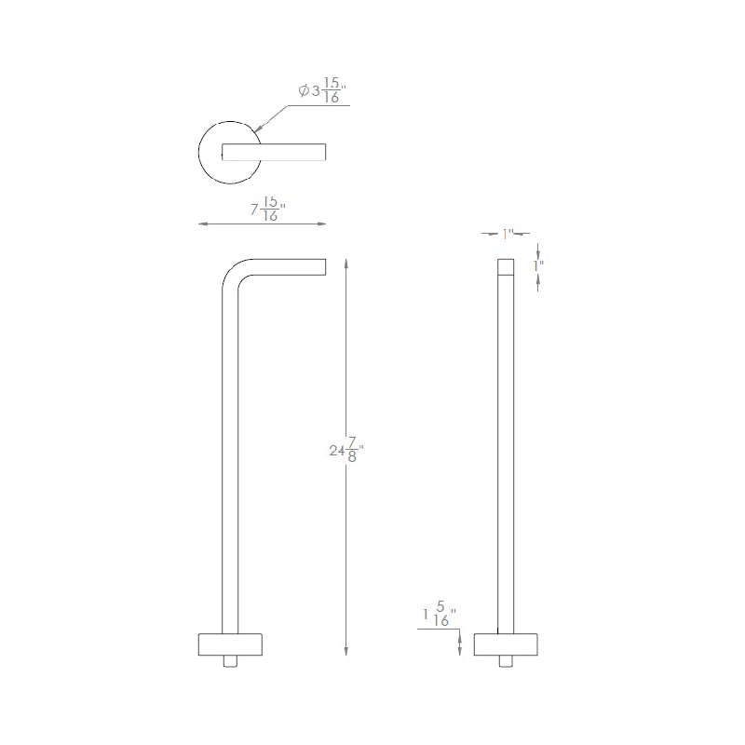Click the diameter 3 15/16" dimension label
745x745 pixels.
(322, 90)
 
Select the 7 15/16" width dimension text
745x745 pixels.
(268, 209)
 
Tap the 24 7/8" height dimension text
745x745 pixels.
(346, 450)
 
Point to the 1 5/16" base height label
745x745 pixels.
(440, 614)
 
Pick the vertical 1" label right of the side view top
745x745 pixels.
(538, 265)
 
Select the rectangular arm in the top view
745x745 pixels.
(274, 152)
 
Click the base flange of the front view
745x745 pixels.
(230, 644)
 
